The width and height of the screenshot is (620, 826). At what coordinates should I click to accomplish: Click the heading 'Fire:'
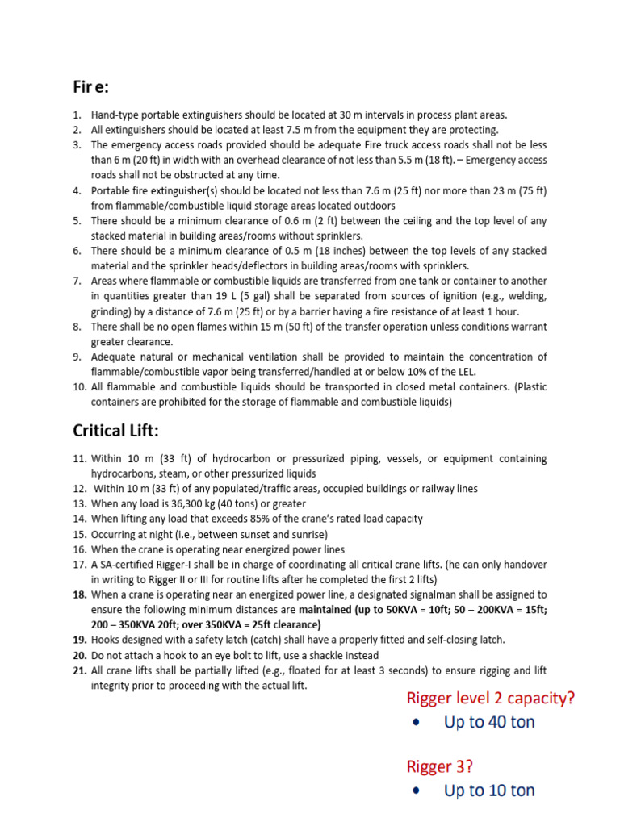click(x=94, y=86)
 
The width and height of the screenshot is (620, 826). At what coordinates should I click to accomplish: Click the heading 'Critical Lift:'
click(x=122, y=430)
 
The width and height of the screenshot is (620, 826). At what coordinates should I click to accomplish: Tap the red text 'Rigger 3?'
click(x=439, y=766)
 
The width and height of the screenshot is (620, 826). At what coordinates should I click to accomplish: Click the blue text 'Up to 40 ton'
click(x=489, y=722)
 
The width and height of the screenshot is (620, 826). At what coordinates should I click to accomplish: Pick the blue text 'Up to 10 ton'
click(x=489, y=791)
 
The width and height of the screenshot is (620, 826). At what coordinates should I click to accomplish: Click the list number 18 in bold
click(x=79, y=594)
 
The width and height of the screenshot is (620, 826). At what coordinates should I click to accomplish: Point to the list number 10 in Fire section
click(x=79, y=386)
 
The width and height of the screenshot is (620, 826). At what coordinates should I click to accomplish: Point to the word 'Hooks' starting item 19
click(x=106, y=640)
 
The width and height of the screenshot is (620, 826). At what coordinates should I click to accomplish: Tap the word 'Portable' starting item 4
click(x=112, y=190)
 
